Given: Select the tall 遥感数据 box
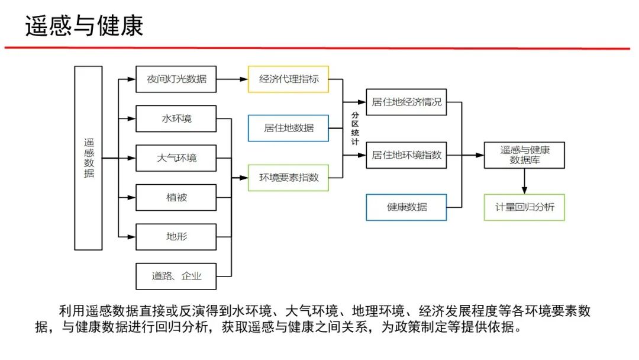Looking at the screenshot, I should [x=89, y=158].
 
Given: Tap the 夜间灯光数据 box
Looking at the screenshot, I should [x=176, y=79].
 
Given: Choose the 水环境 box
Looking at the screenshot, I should [x=176, y=118].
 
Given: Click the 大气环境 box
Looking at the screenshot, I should [x=176, y=158].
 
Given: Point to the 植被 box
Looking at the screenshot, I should [x=176, y=197].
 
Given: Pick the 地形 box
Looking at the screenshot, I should [x=176, y=237].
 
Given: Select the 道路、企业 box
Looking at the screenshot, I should [x=176, y=276].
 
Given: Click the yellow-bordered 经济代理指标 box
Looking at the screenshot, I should [x=288, y=79].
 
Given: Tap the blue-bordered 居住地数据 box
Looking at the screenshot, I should [x=288, y=128].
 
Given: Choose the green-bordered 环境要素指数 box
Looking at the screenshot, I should [x=288, y=178].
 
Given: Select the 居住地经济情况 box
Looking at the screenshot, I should [x=406, y=102].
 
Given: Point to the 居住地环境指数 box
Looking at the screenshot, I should [x=406, y=155].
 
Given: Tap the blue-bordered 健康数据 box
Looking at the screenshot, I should [x=406, y=207].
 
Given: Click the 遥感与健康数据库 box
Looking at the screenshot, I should [x=524, y=155].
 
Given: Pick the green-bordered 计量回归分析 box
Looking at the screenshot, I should [x=524, y=207].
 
